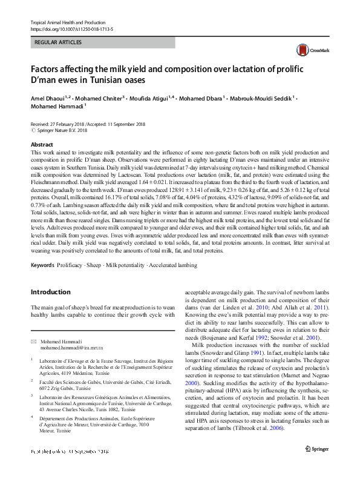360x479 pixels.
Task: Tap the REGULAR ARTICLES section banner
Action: coord(59,42)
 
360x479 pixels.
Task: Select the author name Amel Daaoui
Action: coord(48,97)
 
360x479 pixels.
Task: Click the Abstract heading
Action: coord(42,145)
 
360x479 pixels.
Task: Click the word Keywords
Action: coord(42,266)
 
